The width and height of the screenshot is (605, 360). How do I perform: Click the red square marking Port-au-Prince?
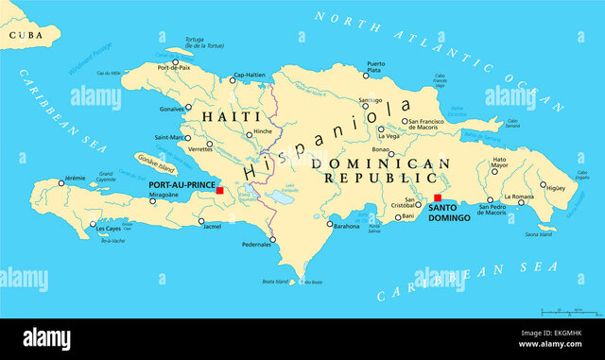(x=220, y=190)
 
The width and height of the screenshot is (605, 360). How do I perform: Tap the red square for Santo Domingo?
(x=438, y=198)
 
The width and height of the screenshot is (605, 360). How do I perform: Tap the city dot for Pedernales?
(x=272, y=240)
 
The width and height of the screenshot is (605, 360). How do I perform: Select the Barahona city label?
(x=346, y=226)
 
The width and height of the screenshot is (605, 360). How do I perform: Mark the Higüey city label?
(x=556, y=189)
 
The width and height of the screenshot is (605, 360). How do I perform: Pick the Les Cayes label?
(x=109, y=228)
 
